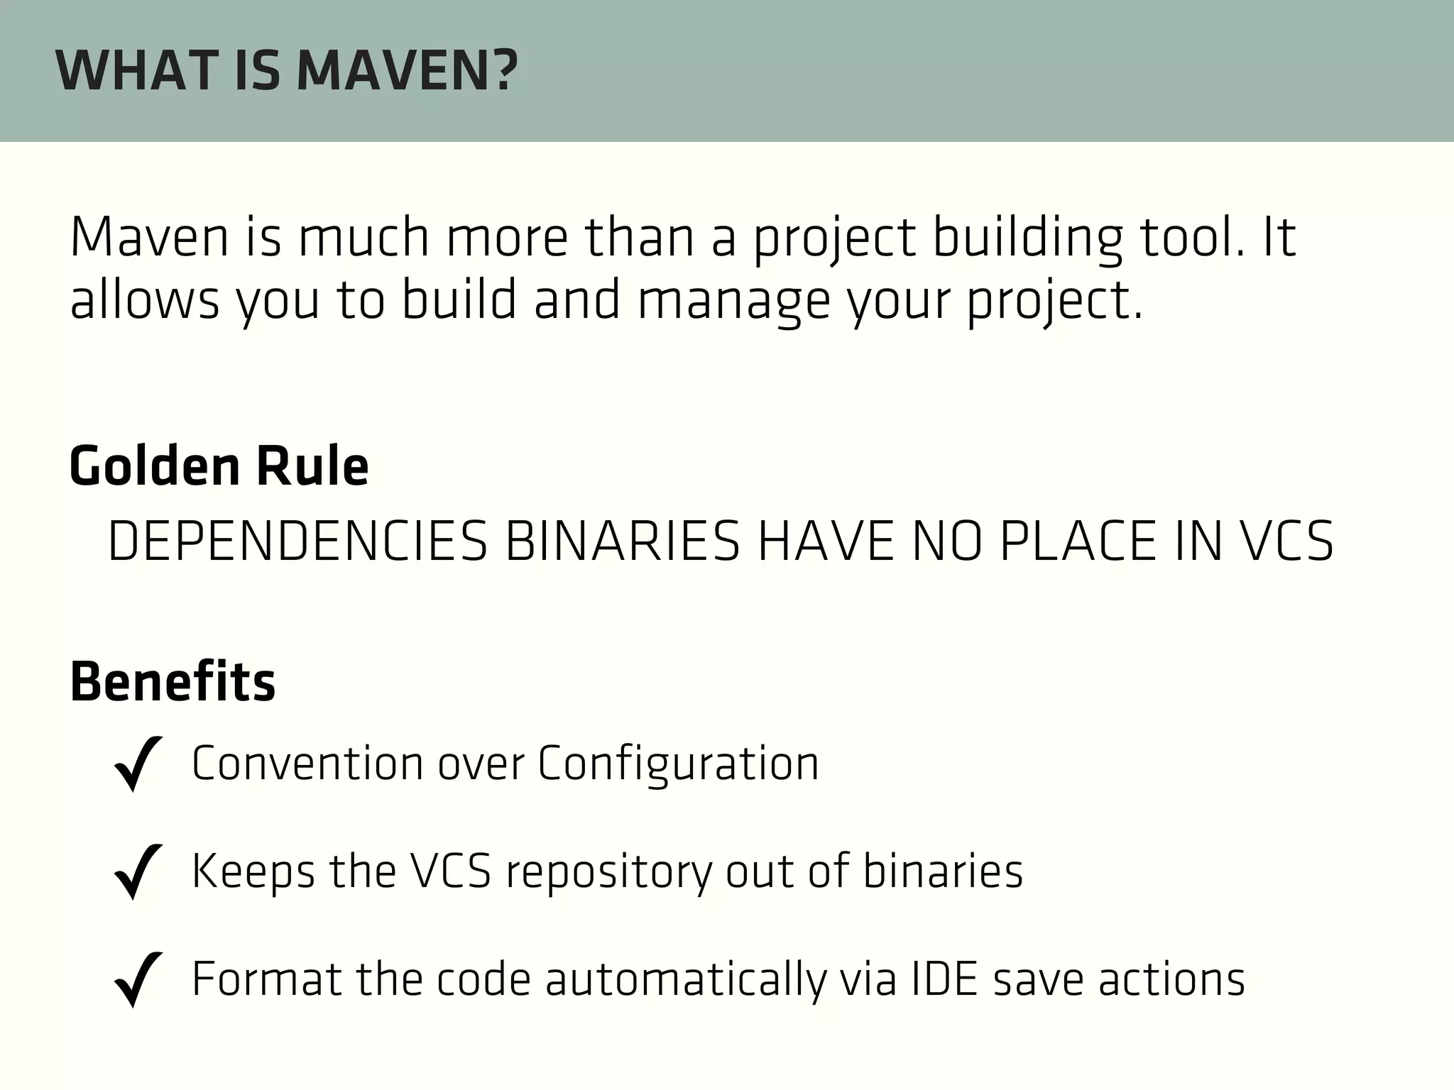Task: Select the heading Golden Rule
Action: pos(219,466)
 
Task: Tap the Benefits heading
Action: pos(173,682)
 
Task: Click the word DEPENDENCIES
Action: pos(297,542)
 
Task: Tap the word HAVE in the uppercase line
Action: pos(825,542)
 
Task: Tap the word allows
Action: pos(145,299)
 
